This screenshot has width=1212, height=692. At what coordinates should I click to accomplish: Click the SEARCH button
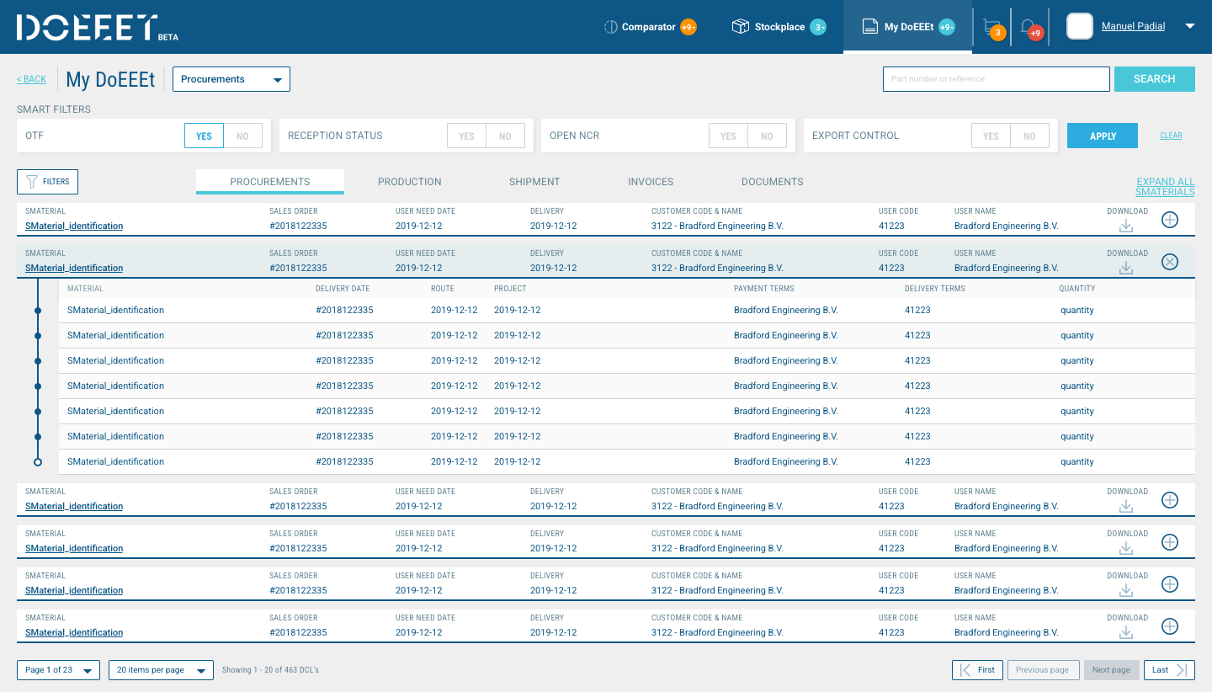pyautogui.click(x=1154, y=79)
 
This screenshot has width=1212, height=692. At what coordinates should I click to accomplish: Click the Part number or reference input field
pyautogui.click(x=996, y=79)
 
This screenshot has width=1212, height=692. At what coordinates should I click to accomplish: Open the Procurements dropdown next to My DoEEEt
pyautogui.click(x=231, y=79)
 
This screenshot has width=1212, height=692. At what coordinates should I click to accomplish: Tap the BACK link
pyautogui.click(x=31, y=79)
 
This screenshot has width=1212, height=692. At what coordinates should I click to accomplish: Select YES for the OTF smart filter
pyautogui.click(x=204, y=136)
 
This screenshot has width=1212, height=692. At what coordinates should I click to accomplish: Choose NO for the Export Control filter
pyautogui.click(x=1029, y=136)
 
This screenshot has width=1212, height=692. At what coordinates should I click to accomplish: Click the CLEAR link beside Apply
pyautogui.click(x=1171, y=136)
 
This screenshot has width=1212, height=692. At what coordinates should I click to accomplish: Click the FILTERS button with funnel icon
pyautogui.click(x=48, y=182)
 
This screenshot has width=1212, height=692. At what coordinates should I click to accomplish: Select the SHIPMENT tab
pyautogui.click(x=534, y=182)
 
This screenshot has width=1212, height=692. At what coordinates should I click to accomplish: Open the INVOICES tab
pyautogui.click(x=651, y=182)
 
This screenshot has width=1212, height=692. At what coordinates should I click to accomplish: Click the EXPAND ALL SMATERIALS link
pyautogui.click(x=1165, y=187)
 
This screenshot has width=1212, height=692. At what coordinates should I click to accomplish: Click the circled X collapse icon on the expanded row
pyautogui.click(x=1170, y=262)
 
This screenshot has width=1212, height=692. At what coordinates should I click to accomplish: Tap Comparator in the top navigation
pyautogui.click(x=649, y=26)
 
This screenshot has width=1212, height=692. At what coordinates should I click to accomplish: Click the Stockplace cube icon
pyautogui.click(x=740, y=26)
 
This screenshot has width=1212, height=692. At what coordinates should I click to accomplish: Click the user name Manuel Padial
pyautogui.click(x=1133, y=26)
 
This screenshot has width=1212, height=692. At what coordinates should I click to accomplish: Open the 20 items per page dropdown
pyautogui.click(x=162, y=670)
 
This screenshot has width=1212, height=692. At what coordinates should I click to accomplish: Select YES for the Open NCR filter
pyautogui.click(x=728, y=136)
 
